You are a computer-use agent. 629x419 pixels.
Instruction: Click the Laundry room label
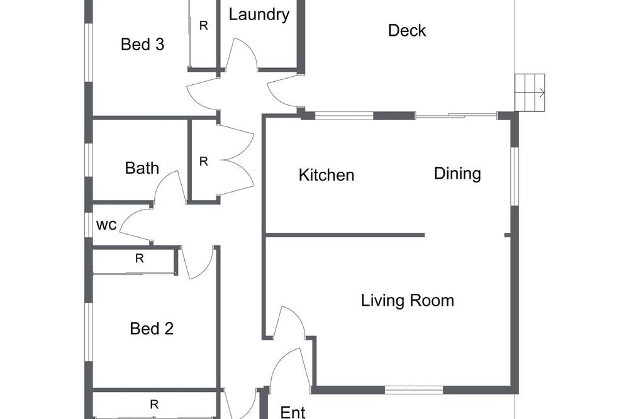pos(259,15)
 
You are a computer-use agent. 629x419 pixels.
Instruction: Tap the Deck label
pos(407,30)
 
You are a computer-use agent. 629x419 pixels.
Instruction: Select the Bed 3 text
pos(142,44)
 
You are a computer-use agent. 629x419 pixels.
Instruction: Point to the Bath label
pos(142,168)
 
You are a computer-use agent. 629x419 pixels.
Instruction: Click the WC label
pos(106,225)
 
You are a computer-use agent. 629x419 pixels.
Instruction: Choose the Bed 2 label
pos(152,328)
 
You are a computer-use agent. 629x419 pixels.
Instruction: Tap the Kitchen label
pos(326,175)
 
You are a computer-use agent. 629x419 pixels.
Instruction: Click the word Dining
pos(457,174)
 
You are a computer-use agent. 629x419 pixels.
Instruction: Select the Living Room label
pos(408,300)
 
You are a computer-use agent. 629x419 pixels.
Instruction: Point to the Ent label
pos(293,412)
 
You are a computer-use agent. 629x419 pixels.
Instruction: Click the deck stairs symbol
pos(530,92)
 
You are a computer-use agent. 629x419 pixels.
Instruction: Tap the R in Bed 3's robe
pos(204,26)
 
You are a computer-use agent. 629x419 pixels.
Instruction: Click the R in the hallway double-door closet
pos(204,161)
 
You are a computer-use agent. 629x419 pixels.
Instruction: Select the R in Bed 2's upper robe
pos(139,259)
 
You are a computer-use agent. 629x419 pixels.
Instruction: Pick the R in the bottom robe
pos(154,405)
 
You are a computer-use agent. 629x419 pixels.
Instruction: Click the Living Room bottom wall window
pos(414,389)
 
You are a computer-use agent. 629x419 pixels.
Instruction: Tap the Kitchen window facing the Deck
pos(344,116)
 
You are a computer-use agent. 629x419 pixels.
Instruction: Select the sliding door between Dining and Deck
pos(456,116)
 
